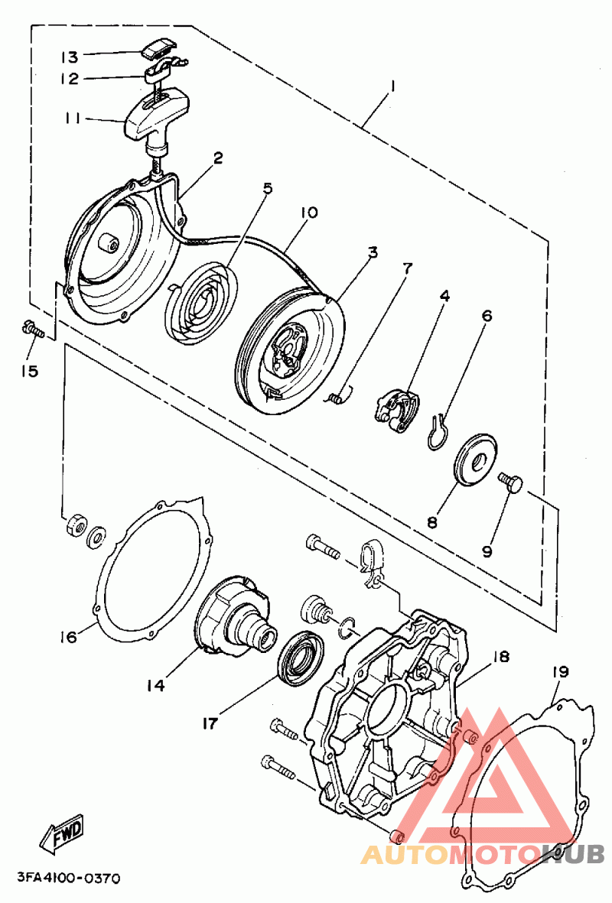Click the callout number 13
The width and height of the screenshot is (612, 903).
tap(70, 57)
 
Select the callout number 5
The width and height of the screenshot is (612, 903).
tap(267, 189)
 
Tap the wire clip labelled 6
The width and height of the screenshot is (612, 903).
tap(436, 431)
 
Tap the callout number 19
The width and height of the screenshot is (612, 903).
tap(560, 673)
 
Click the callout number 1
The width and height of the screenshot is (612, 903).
tap(392, 86)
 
